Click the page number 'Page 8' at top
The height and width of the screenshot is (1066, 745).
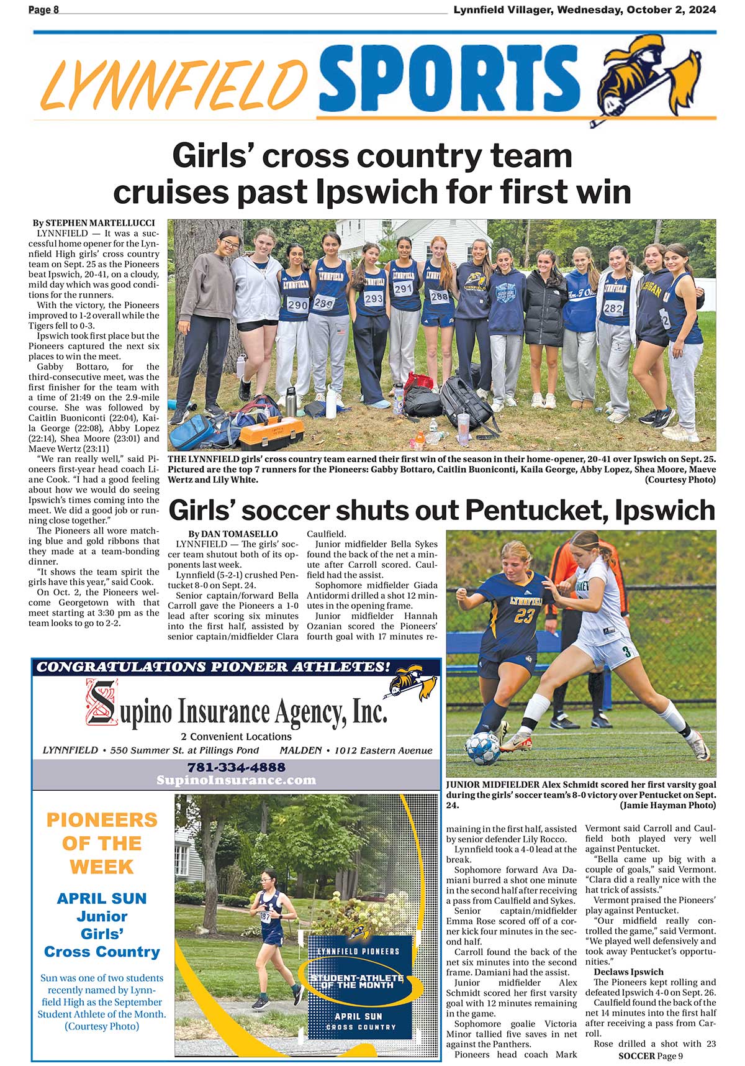point(43,10)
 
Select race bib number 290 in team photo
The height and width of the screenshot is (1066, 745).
point(297,305)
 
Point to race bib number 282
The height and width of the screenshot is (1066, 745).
point(613,308)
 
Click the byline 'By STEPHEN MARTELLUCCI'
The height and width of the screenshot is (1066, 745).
point(94,223)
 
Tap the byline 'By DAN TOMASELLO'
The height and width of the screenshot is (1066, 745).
point(233,534)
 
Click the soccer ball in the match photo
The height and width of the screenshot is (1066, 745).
point(483,748)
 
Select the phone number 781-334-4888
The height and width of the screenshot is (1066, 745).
point(236,767)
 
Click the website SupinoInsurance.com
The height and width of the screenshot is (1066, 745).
point(236,780)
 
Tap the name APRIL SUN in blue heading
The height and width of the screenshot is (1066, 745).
point(102,898)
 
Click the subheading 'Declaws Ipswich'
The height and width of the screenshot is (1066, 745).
point(628,972)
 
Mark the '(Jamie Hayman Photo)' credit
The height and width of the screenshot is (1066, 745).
point(667,805)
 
